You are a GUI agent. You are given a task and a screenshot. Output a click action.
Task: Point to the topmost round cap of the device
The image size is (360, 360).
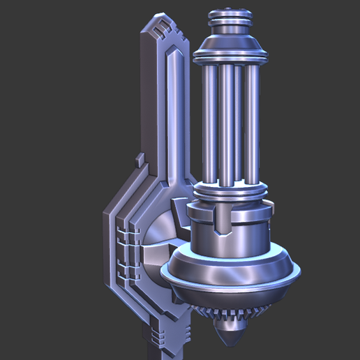231,15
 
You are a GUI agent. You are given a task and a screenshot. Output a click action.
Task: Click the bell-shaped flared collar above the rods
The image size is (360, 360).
231,49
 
